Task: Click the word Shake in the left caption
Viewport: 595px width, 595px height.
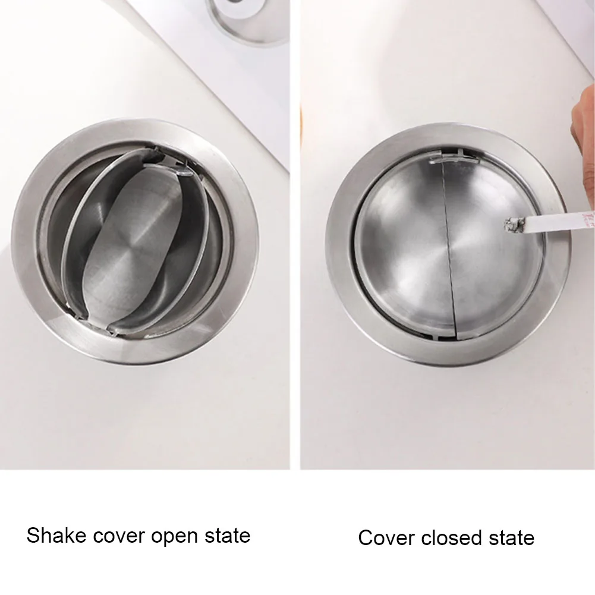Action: coord(56,535)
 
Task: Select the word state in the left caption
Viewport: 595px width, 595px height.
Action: coord(227,536)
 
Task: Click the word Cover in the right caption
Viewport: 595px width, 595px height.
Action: coord(386,538)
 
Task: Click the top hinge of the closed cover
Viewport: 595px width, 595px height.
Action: coord(454,156)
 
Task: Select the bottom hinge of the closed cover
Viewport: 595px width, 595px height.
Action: coord(448,336)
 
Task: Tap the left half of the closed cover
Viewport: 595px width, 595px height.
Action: coord(402,247)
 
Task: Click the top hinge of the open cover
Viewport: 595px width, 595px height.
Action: coord(167,163)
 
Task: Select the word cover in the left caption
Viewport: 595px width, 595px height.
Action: coord(119,536)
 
